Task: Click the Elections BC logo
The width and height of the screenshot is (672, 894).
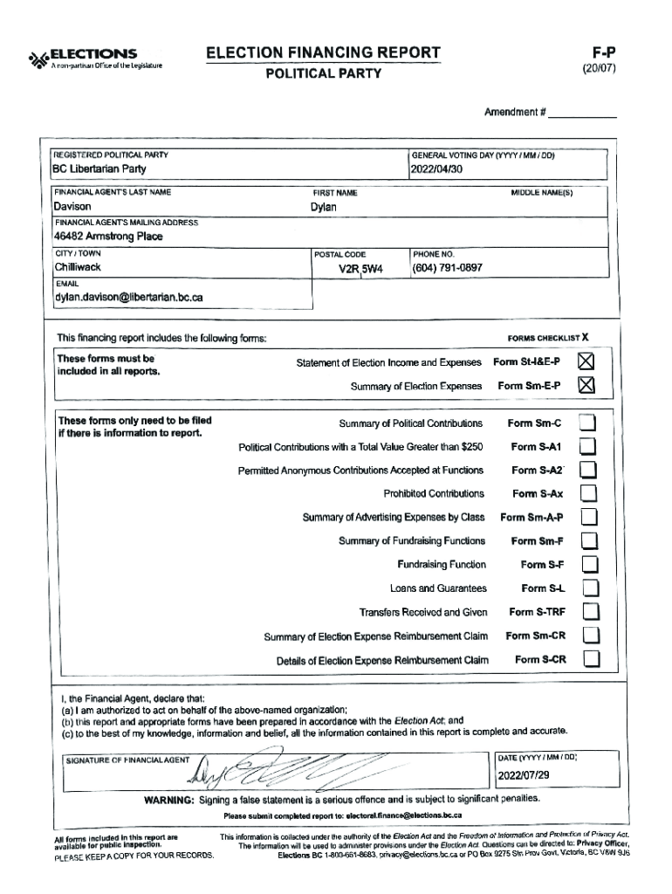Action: (x=83, y=58)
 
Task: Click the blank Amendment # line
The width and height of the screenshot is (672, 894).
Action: (x=582, y=113)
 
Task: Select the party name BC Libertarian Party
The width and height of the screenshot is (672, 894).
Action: (x=99, y=169)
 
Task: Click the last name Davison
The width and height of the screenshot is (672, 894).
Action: (x=72, y=208)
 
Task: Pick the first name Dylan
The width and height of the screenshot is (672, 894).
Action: (x=323, y=208)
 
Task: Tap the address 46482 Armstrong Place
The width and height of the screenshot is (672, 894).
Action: (x=108, y=237)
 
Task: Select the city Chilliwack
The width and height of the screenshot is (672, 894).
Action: (x=78, y=267)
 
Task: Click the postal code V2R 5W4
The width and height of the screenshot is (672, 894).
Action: (x=361, y=268)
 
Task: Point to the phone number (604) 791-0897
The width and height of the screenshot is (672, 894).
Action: (x=447, y=268)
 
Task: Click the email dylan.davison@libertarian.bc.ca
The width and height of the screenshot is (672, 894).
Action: (x=128, y=298)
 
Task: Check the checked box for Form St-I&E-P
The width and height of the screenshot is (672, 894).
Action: (x=587, y=361)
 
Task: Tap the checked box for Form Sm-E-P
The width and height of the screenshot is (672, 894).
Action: (x=587, y=385)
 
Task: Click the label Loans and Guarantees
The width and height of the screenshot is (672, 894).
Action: (x=438, y=588)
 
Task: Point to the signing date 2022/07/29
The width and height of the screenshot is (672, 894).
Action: (x=525, y=776)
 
